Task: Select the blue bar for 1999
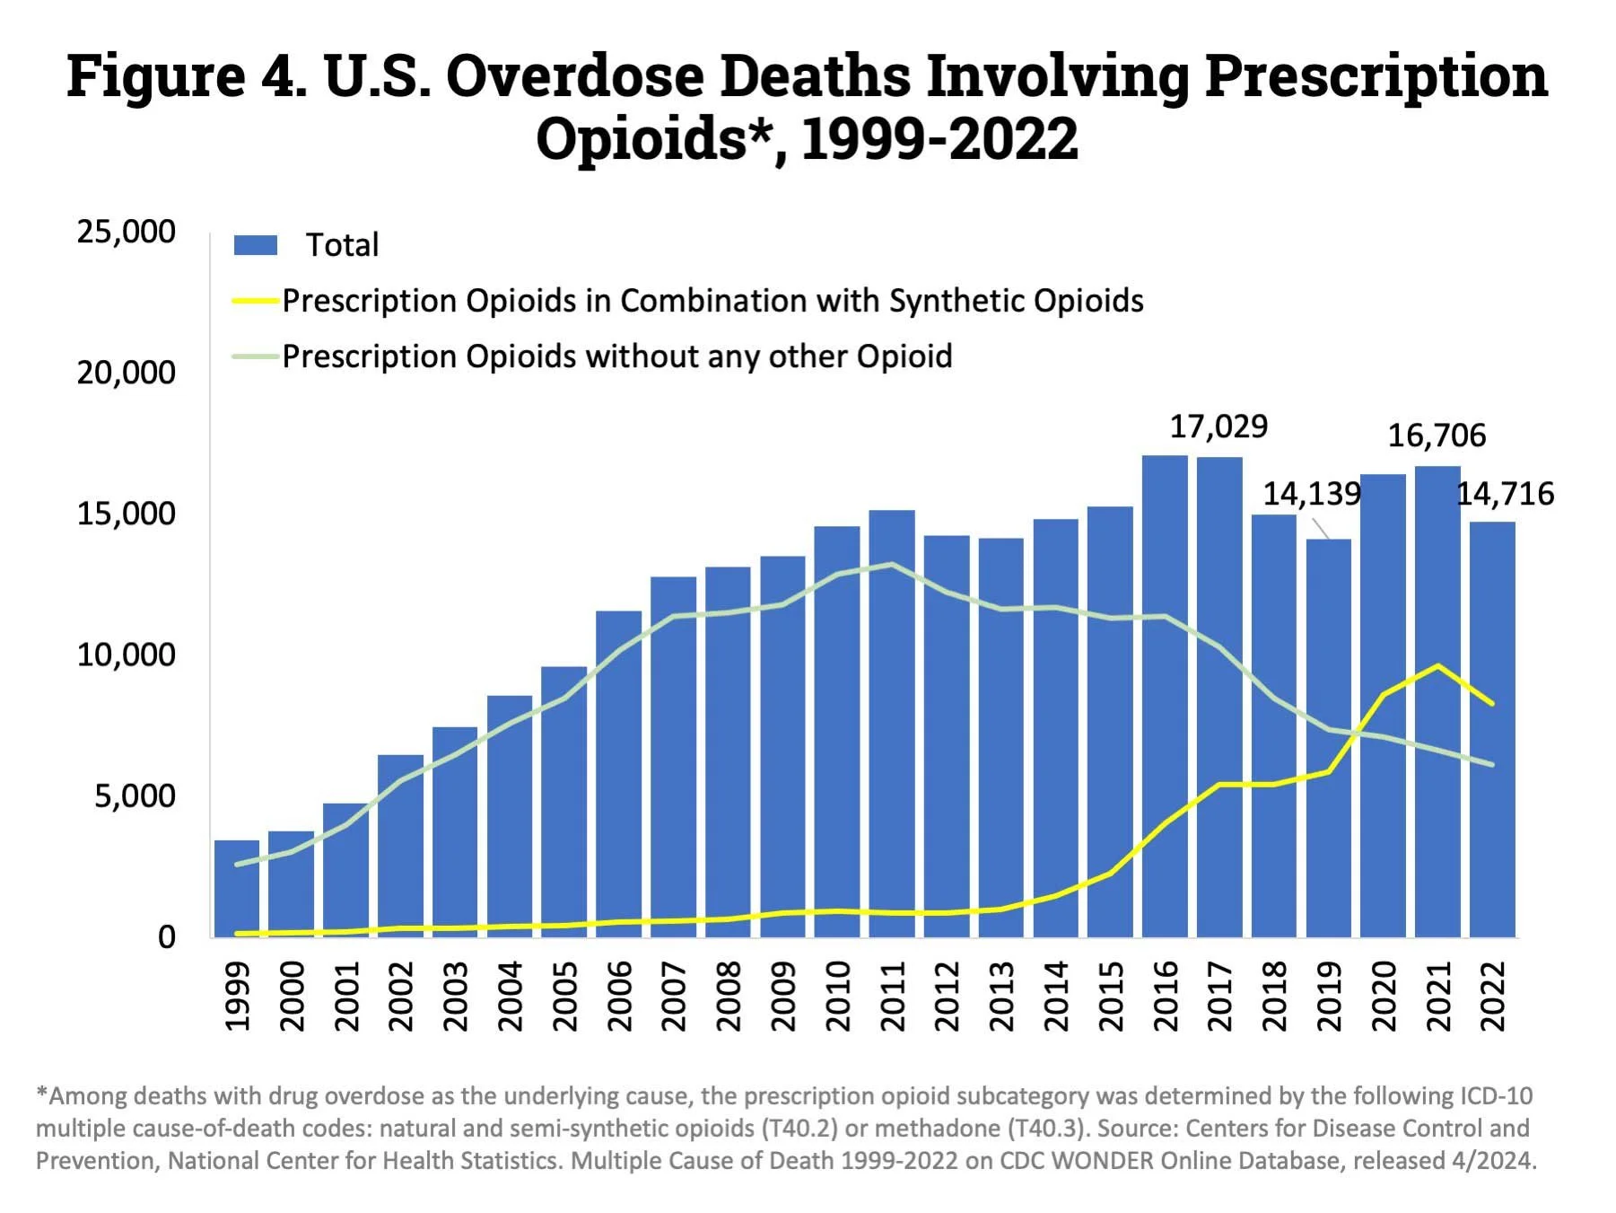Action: [x=237, y=889]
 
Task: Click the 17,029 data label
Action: [x=1219, y=427]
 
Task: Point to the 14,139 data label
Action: [x=1312, y=494]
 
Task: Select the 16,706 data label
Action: [x=1437, y=436]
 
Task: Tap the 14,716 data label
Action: [x=1505, y=494]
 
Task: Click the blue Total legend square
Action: [x=256, y=245]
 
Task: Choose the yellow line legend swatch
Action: [x=256, y=301]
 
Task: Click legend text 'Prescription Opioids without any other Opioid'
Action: [x=616, y=356]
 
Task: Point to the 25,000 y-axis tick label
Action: [x=126, y=232]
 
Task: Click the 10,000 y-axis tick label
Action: [x=126, y=655]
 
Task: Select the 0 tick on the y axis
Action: [x=167, y=937]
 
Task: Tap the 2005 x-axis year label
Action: [x=564, y=997]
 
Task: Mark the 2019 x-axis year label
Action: [x=1328, y=997]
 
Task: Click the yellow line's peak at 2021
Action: [x=1438, y=665]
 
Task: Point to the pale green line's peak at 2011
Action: [x=892, y=565]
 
